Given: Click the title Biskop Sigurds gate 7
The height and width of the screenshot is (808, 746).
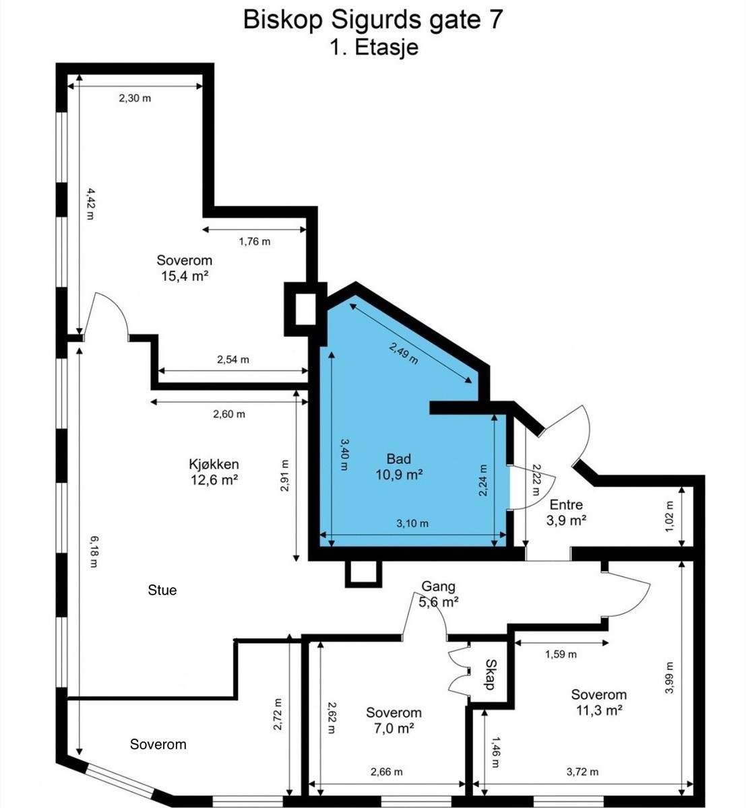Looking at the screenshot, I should (373, 20).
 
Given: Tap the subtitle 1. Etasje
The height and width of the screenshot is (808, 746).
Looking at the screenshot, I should (373, 48).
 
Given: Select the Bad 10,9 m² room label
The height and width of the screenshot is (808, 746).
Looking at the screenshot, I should (399, 467).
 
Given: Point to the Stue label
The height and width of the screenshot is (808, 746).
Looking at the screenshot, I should (162, 591).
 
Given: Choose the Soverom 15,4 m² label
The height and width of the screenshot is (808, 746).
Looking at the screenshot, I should (185, 267).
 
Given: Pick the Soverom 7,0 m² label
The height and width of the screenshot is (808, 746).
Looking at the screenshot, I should (394, 720).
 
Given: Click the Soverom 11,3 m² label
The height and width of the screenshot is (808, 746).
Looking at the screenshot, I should (598, 702).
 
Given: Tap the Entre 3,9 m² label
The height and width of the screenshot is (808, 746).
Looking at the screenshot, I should (566, 512).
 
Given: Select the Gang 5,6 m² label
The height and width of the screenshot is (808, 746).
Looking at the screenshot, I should (439, 595).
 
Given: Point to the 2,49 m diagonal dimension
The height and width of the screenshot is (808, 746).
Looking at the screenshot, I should (404, 351).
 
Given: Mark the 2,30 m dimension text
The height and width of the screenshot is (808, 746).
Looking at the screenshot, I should (135, 98).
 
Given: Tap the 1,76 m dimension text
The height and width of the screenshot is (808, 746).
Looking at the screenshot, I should (255, 241).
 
